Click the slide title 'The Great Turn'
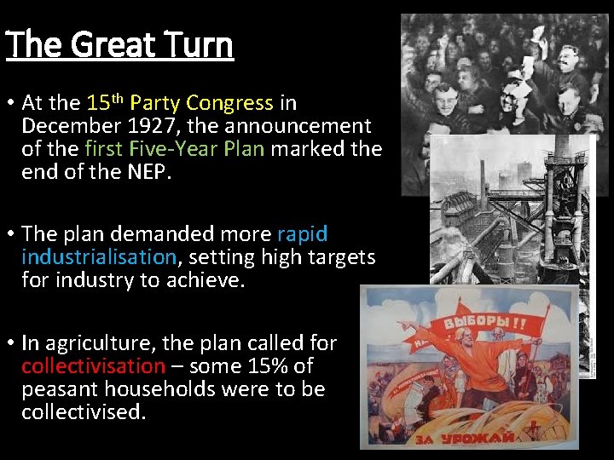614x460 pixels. pos(119,44)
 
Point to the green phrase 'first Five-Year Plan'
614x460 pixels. pos(175,148)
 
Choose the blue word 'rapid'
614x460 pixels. pos(302,234)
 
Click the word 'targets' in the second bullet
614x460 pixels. pos(344,256)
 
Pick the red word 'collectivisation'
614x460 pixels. pos(93,366)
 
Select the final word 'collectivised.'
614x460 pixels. pos(84,411)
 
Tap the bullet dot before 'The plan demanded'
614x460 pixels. pos(10,234)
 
